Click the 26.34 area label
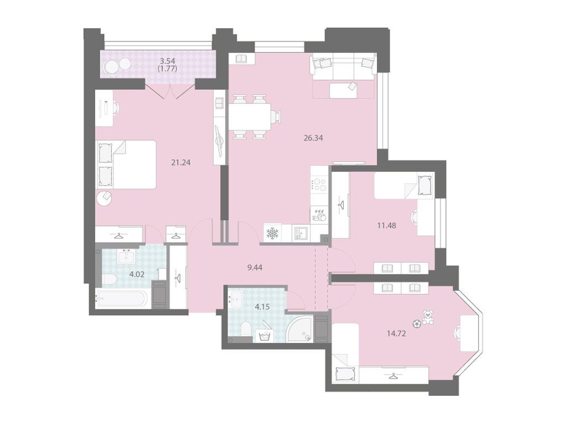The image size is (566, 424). tap(313, 138)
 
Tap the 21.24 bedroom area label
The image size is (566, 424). tap(181, 163)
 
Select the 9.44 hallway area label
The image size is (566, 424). tap(254, 268)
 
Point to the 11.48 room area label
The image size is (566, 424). tap(386, 226)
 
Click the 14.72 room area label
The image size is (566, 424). tap(396, 333)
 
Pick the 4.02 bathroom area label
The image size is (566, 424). tap(137, 274)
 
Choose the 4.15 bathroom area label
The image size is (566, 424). tap(263, 307)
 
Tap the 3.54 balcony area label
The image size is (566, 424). tap(168, 62)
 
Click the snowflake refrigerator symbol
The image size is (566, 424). tap(272, 233)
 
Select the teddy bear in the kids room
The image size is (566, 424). tap(427, 317)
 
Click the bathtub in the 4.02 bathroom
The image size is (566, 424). tap(122, 299)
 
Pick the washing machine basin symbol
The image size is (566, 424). tap(265, 336)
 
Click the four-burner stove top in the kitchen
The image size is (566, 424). tap(319, 184)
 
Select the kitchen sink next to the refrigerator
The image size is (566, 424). tap(300, 233)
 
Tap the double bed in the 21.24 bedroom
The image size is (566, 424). tap(126, 165)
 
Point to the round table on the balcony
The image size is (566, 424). tap(111, 67)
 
